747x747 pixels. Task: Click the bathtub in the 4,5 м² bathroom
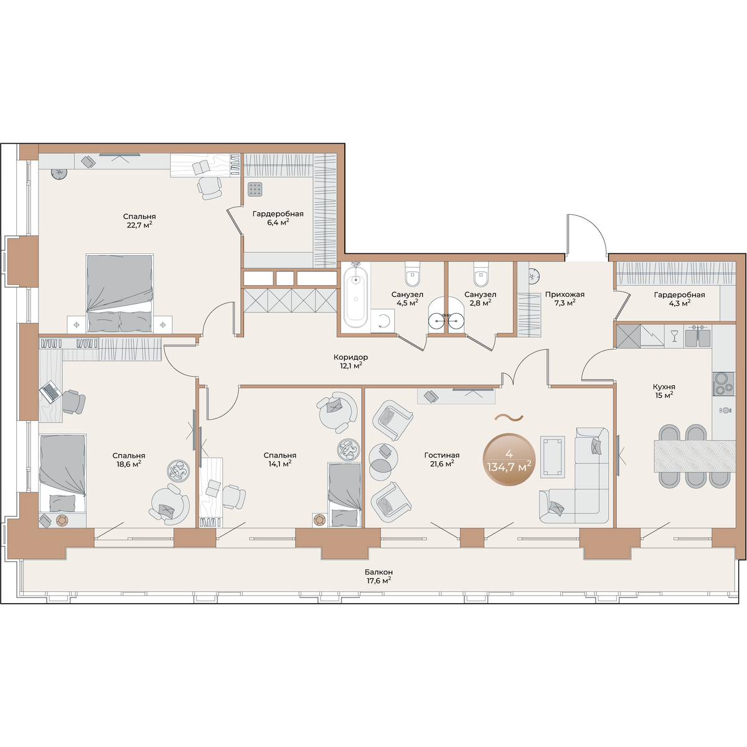[x=356, y=298]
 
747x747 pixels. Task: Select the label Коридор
[x=351, y=357]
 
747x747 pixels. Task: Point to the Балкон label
[x=378, y=572]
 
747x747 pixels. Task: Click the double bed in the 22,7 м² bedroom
[x=120, y=293]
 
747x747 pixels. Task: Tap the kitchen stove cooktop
[x=723, y=384]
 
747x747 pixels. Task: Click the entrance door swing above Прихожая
[x=586, y=235]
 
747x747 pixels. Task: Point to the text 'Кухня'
[x=664, y=387]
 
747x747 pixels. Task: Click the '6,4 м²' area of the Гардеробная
[x=278, y=222]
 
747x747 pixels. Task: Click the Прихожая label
[x=565, y=294]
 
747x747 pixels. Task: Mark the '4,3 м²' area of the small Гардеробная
[x=679, y=304]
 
